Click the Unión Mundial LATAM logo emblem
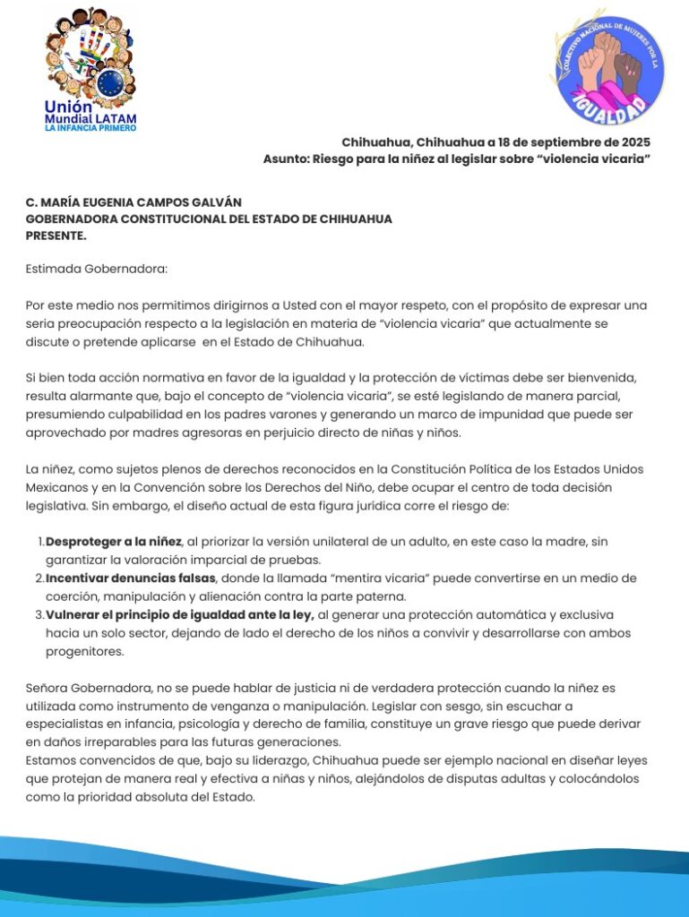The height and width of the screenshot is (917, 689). (90, 61)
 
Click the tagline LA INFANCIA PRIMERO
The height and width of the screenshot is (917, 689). (90, 128)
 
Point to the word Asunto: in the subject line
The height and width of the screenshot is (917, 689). (285, 159)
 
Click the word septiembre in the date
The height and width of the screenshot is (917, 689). (555, 142)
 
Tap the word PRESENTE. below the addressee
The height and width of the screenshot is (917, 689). (56, 235)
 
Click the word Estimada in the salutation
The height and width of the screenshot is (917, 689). (56, 268)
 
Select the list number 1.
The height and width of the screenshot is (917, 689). (40, 542)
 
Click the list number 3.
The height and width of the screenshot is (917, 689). (40, 614)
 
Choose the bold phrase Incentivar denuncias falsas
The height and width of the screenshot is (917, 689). (131, 578)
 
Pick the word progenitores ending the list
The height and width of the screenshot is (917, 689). (84, 651)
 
